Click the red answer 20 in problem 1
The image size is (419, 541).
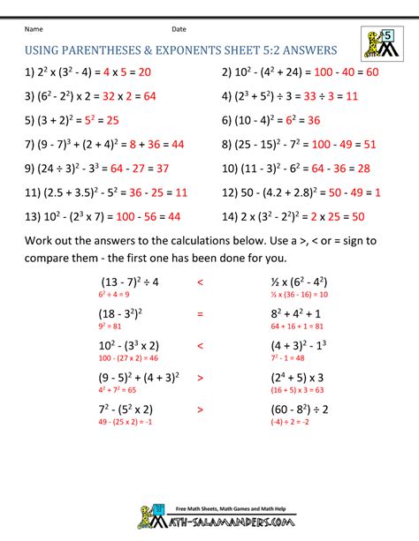tap(138, 73)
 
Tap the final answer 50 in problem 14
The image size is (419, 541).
tap(359, 215)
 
